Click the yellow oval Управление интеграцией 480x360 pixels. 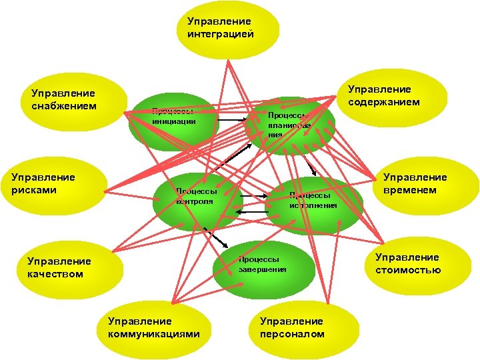(x=219, y=28)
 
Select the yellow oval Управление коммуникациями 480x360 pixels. (x=153, y=327)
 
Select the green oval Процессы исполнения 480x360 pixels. (x=313, y=200)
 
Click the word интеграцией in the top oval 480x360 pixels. (x=220, y=34)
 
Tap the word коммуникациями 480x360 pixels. (x=154, y=333)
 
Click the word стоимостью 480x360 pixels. (x=408, y=270)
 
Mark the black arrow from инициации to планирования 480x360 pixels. (x=233, y=120)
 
